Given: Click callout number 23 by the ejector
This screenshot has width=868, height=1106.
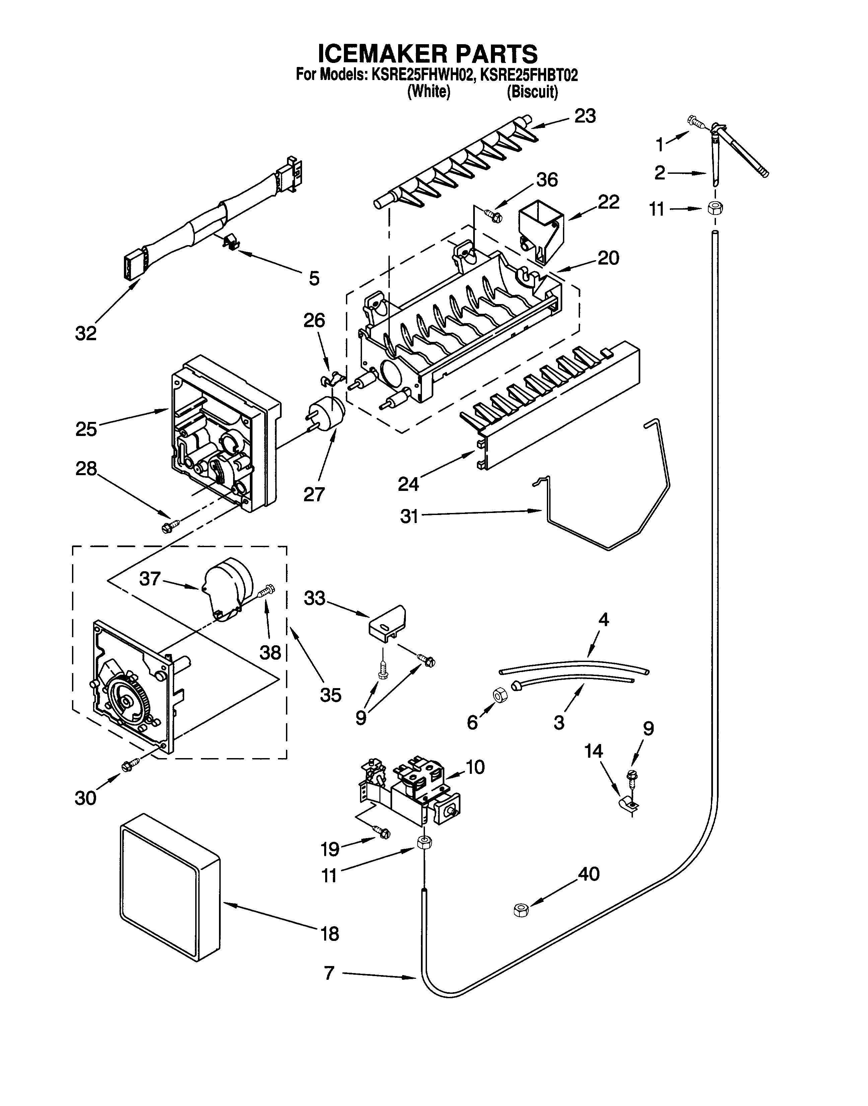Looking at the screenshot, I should click(585, 116).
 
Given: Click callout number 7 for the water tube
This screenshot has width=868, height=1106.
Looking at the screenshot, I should click(329, 973).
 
